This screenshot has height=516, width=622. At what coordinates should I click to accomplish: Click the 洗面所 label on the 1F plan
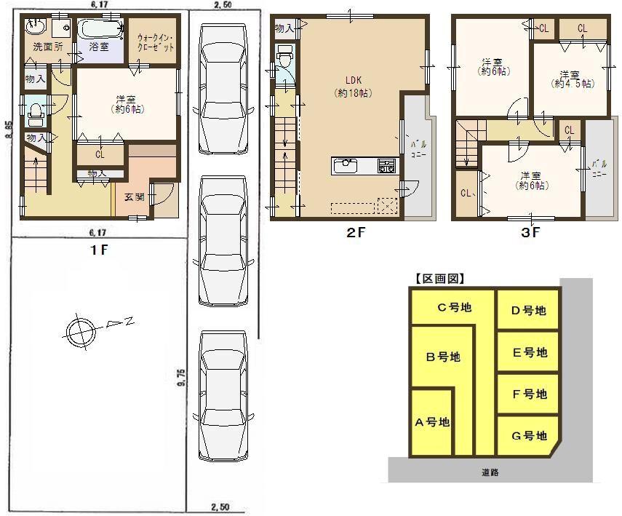point(48,47)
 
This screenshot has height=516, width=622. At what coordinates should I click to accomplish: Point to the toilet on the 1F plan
point(34,113)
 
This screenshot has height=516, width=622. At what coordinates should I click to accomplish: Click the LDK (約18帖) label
point(349,87)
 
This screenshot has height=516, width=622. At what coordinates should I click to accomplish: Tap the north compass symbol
point(79,331)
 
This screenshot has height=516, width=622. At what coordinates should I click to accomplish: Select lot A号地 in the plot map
point(432,421)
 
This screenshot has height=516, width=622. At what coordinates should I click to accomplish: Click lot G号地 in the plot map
point(528,436)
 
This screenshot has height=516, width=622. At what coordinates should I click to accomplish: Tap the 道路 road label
point(490,472)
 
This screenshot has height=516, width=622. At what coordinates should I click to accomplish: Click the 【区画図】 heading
point(439,278)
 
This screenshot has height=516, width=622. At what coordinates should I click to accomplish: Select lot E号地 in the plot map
point(529,353)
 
